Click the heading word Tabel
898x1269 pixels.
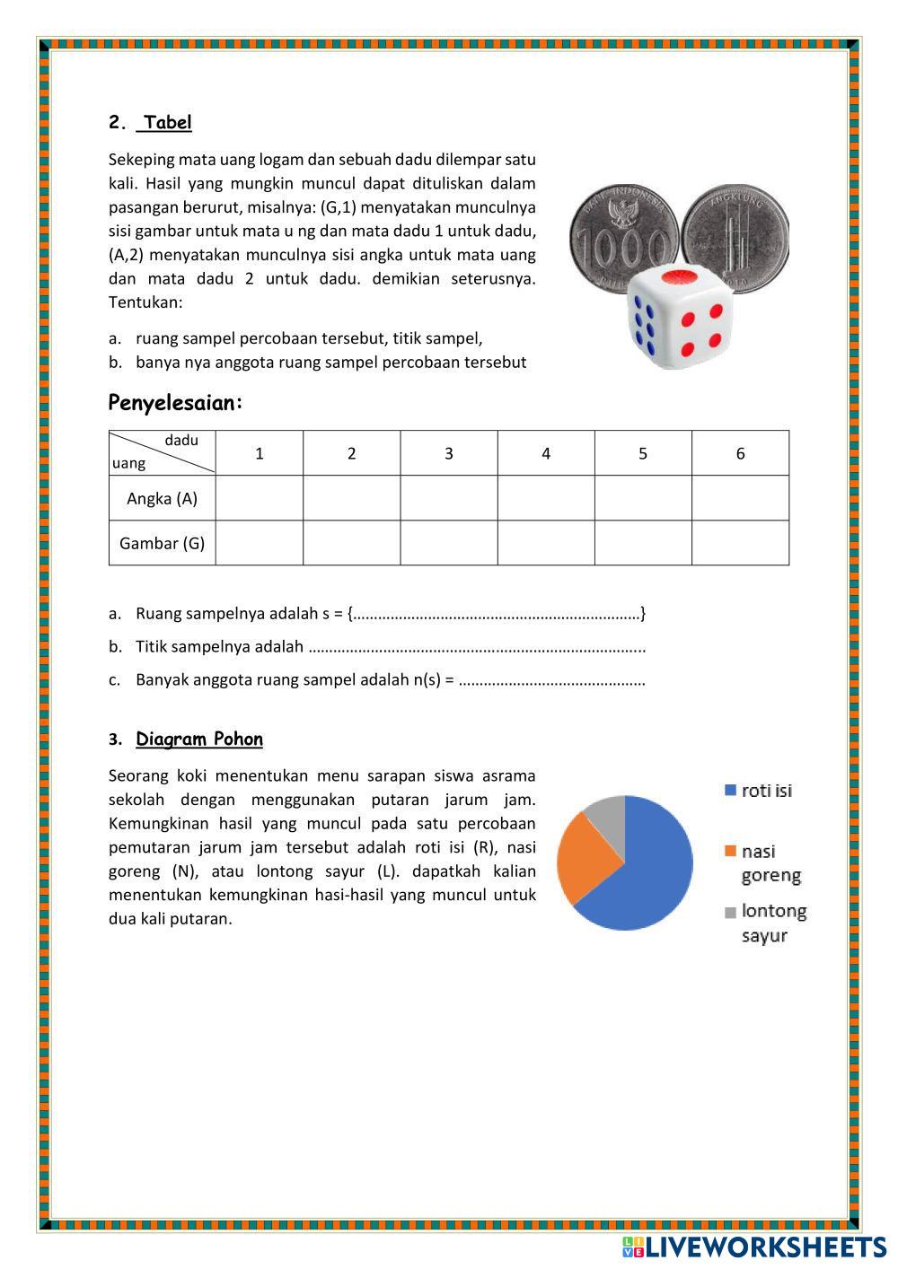[x=167, y=123]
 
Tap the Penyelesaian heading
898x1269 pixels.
[x=175, y=404]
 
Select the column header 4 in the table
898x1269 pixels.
[x=545, y=453]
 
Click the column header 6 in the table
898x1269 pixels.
[x=740, y=453]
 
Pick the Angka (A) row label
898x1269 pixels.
[x=162, y=498]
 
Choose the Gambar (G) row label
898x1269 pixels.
[x=162, y=543]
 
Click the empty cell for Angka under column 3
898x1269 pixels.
[x=448, y=498]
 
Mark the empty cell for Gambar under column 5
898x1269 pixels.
[x=643, y=543]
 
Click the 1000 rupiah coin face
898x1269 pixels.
[x=621, y=236]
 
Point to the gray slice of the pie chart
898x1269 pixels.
[x=607, y=813]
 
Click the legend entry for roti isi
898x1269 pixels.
[x=759, y=791]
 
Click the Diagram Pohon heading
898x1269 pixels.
[x=199, y=740]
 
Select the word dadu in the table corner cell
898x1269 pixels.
[x=181, y=441]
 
